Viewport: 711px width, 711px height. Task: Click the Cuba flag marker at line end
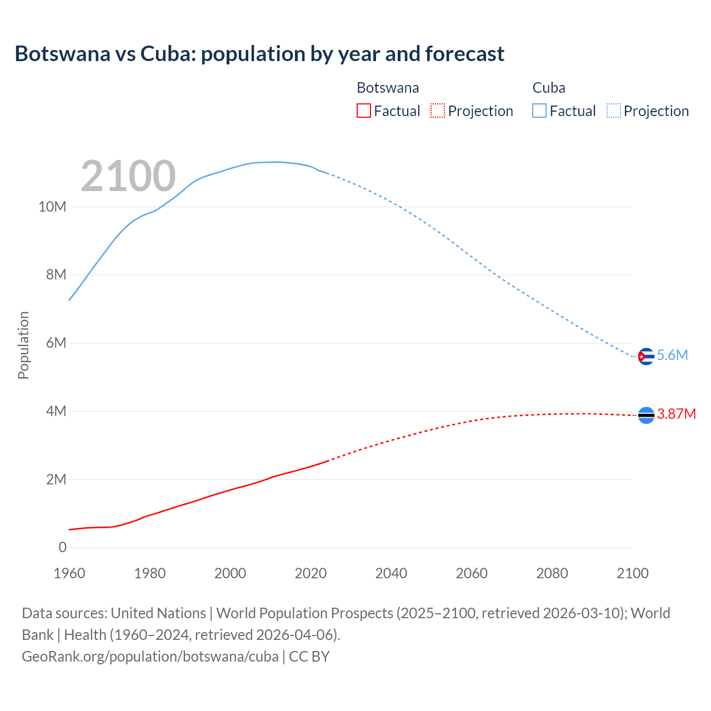(x=645, y=356)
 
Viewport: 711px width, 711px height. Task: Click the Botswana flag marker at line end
(x=646, y=415)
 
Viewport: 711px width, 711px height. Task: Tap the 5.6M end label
(x=673, y=355)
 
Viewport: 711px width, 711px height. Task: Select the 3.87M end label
(x=677, y=414)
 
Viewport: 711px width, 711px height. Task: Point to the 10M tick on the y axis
(x=52, y=207)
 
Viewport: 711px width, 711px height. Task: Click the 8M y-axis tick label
(x=56, y=275)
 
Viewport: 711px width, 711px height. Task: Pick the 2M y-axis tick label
(x=56, y=479)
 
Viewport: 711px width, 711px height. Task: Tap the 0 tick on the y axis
(x=63, y=548)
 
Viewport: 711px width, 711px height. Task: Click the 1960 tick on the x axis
(x=69, y=573)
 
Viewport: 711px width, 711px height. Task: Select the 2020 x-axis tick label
(x=311, y=573)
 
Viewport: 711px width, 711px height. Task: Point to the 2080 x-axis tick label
(x=552, y=573)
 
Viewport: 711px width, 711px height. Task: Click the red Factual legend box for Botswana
(x=364, y=111)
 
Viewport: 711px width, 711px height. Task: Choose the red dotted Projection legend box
(x=438, y=111)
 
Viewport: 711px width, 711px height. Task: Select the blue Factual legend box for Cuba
(x=539, y=111)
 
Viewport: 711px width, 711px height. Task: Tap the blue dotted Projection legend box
(x=614, y=111)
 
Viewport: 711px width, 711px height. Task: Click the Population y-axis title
(x=23, y=345)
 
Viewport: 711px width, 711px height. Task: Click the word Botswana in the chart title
(x=63, y=54)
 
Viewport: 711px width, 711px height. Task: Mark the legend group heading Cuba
(x=549, y=88)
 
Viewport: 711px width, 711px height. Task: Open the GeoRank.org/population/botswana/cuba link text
(x=150, y=657)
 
